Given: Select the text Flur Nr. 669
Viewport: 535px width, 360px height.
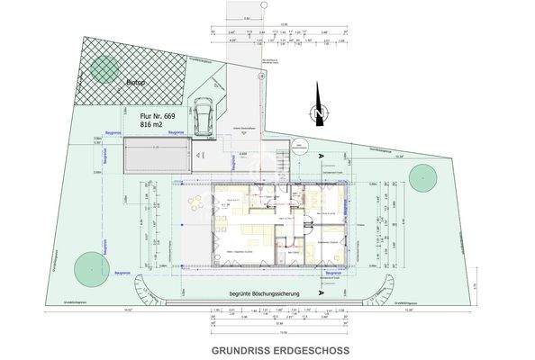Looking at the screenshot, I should [157, 117].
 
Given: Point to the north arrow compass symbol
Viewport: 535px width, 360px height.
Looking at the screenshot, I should [315, 111].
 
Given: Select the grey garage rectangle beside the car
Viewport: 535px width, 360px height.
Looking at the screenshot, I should [157, 160].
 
